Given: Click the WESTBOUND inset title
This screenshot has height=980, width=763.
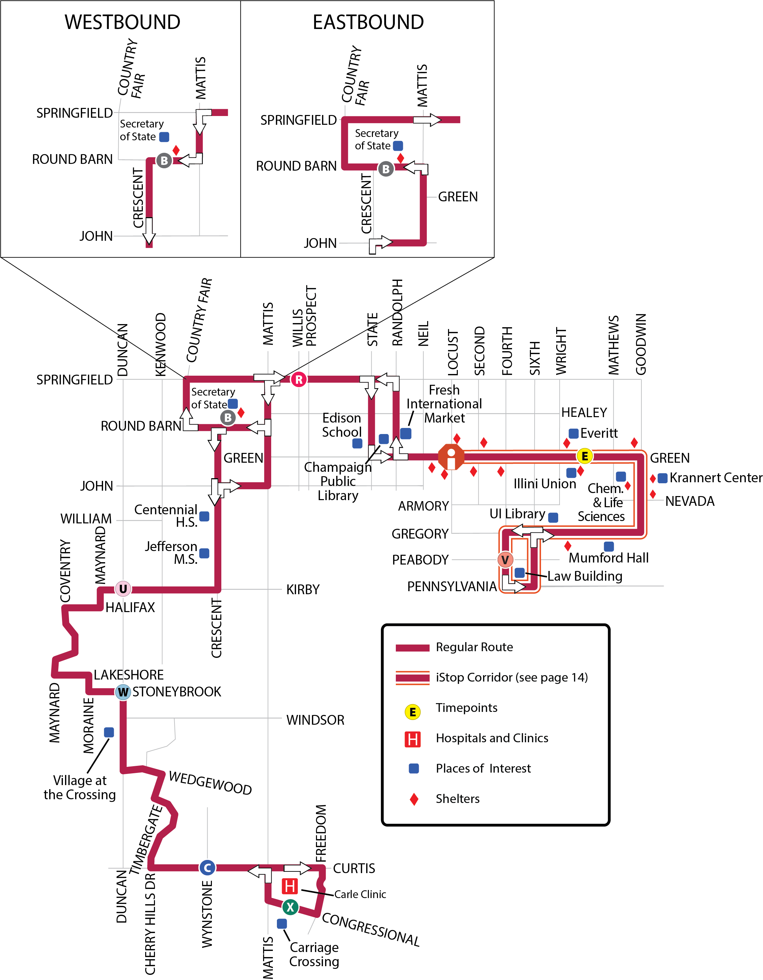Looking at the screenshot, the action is point(122,22).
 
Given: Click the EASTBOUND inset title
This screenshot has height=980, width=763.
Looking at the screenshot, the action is point(368,22).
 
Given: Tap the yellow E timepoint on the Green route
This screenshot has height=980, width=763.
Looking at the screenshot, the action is point(584,456).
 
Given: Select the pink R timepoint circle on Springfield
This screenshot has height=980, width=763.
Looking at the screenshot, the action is point(298,380).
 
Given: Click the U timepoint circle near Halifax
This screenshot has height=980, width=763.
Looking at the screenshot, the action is point(123,589).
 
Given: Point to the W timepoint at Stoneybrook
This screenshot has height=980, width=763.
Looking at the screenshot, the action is point(123,692).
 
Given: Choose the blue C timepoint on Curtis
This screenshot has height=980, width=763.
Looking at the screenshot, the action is point(207,868).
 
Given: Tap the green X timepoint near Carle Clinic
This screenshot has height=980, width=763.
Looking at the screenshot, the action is point(290,907).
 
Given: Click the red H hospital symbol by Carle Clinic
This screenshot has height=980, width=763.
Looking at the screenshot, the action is point(290,886).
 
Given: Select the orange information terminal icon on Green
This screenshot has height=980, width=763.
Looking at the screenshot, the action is point(451,457).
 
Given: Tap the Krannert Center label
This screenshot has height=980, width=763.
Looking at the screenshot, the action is point(716,478).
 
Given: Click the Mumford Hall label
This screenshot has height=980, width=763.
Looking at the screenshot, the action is point(608,558).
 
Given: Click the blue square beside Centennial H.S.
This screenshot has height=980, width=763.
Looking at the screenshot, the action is point(204,517).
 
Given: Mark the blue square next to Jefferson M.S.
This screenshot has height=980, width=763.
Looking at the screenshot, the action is point(204,553).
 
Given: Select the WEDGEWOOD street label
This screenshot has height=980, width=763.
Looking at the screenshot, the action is point(210,783).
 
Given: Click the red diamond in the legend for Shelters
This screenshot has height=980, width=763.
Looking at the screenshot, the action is point(414,799).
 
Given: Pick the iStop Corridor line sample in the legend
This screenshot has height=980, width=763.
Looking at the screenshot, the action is point(412,678).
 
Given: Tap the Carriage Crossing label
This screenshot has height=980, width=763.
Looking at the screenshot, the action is point(314,954).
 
